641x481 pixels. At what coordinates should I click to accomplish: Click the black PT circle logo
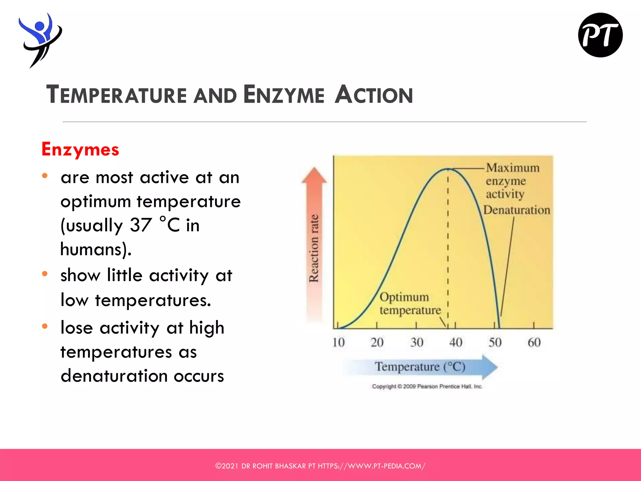[x=600, y=35]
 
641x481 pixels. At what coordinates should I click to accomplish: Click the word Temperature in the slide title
[x=116, y=95]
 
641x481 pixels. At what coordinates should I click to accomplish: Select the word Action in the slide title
[x=374, y=95]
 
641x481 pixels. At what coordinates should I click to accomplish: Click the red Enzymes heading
[x=80, y=149]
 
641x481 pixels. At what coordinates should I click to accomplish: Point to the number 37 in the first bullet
[x=141, y=225]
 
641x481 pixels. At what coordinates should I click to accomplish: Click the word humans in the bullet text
[x=92, y=249]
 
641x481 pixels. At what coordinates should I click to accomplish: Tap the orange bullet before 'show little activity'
[x=45, y=274]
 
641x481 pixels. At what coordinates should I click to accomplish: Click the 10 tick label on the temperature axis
[x=338, y=342]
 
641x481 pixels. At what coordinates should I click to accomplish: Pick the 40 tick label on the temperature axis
[x=456, y=342]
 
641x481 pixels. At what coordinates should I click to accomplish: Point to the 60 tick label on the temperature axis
[x=534, y=342]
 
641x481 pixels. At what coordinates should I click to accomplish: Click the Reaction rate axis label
[x=314, y=248]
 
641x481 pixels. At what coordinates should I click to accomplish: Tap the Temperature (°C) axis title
[x=420, y=367]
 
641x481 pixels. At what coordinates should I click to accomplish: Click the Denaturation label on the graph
[x=516, y=210]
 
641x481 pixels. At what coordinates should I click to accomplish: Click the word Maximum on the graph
[x=513, y=168]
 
